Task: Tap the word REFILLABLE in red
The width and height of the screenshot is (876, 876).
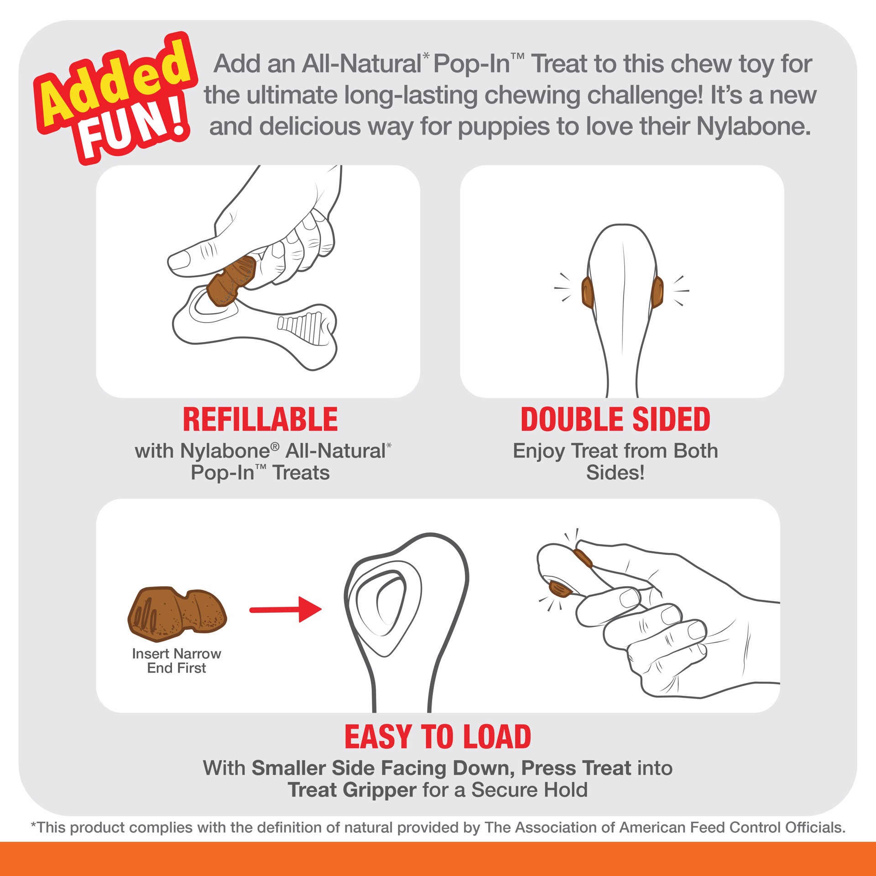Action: click(x=260, y=420)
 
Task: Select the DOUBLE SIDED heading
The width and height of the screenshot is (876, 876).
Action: click(x=615, y=420)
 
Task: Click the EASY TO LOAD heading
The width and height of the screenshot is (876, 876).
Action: click(x=438, y=737)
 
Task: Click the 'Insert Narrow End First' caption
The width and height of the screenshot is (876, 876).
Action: click(x=177, y=661)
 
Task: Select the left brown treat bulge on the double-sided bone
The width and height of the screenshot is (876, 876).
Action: click(x=587, y=292)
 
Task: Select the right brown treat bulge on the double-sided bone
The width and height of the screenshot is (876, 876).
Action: click(x=657, y=292)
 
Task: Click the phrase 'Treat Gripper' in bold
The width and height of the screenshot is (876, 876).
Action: click(x=352, y=790)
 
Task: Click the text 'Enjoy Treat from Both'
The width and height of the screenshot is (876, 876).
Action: click(x=615, y=451)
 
